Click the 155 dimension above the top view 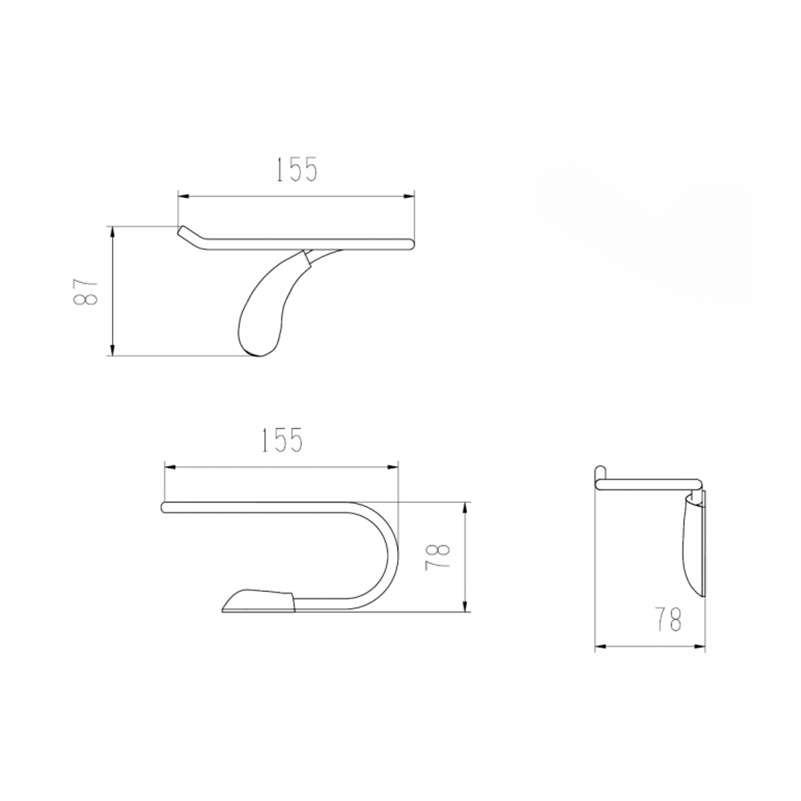click(297, 170)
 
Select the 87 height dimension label click(86, 292)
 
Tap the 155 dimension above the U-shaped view click(282, 441)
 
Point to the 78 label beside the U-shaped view click(438, 556)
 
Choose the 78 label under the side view click(668, 619)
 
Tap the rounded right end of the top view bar click(409, 244)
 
